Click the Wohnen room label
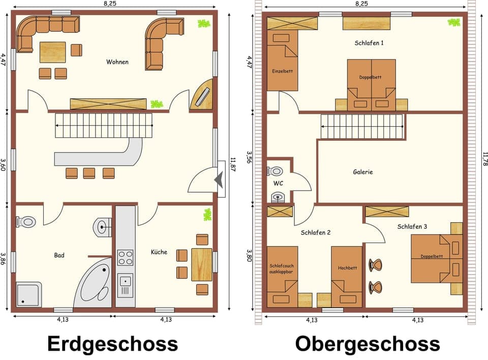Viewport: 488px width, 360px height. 117,62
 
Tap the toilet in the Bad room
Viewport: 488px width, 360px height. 26,222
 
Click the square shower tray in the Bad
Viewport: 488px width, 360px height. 29,294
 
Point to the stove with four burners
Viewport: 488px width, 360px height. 125,257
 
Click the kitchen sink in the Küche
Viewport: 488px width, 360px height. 125,280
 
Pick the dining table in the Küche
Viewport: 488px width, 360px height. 202,264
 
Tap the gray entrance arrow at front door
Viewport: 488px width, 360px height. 219,179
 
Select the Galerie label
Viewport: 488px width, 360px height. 363,172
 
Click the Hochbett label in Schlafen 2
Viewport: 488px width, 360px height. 347,268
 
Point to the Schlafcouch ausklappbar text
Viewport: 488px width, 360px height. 282,268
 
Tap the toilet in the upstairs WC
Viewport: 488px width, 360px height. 276,171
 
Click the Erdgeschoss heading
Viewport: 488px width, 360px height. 113,343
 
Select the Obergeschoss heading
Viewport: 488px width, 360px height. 367,343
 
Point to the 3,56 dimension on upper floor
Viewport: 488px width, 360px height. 249,158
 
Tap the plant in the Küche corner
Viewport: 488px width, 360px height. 207,215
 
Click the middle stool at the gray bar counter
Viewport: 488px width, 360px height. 89,173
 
